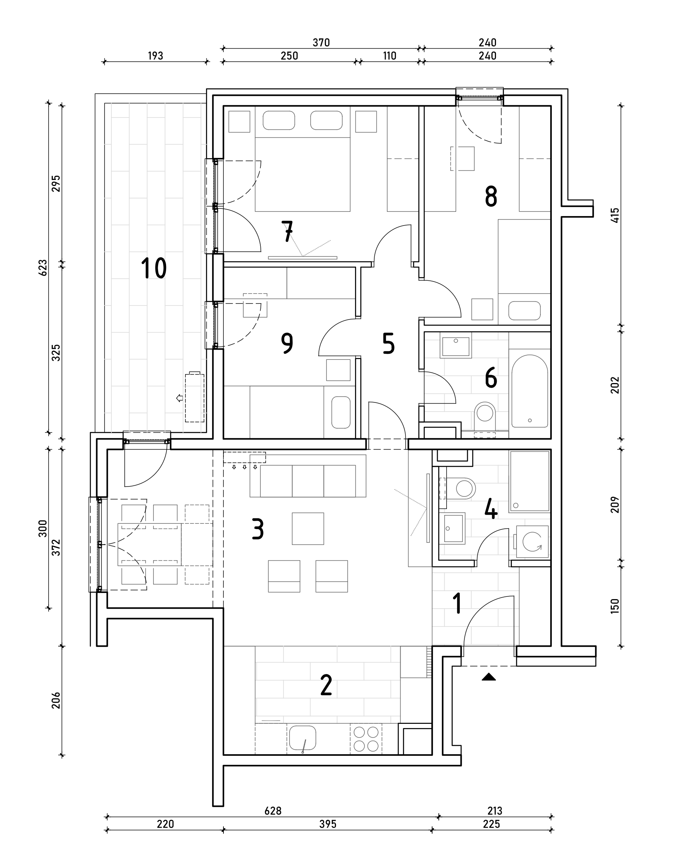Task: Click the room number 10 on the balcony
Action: [154, 268]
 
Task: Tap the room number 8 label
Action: [491, 197]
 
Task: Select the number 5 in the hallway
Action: [388, 343]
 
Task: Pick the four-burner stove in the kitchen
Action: [366, 738]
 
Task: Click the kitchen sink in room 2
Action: [303, 738]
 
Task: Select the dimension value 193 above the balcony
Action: [155, 56]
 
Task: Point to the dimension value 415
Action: [615, 215]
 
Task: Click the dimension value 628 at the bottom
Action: [273, 811]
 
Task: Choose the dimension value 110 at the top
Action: [389, 56]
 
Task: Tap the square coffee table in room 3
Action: [308, 529]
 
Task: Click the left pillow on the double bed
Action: [279, 121]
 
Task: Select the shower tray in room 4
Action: [529, 481]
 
